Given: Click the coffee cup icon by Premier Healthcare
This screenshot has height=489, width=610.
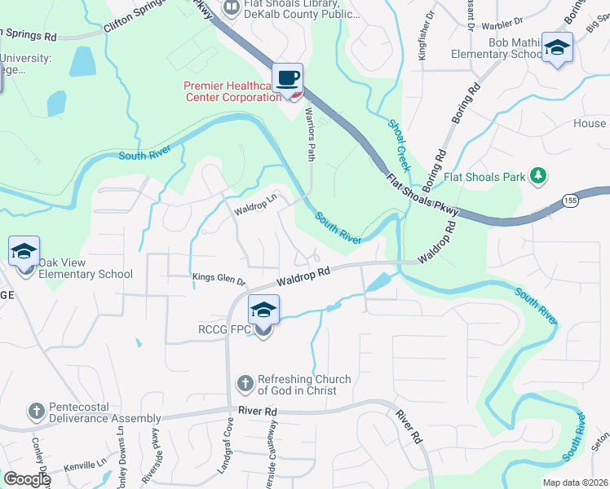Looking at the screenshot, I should click(287, 78).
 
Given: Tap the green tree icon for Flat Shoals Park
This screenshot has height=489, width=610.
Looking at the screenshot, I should click(537, 175).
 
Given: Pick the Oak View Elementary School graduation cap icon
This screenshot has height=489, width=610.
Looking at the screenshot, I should click(24, 252).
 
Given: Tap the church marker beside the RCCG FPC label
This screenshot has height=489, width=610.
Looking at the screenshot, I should click(263, 330).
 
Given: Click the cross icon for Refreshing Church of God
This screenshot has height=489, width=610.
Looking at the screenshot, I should click(245, 383).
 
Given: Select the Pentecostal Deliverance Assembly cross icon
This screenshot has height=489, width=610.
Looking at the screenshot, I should click(36, 412).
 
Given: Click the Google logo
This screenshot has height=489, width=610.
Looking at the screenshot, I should click(26, 479).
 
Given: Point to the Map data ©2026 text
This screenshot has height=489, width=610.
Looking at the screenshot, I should click(575, 482).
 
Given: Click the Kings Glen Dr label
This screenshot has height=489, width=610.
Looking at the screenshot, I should click(219, 279).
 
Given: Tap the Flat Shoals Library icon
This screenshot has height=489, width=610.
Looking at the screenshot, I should click(232, 6).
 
